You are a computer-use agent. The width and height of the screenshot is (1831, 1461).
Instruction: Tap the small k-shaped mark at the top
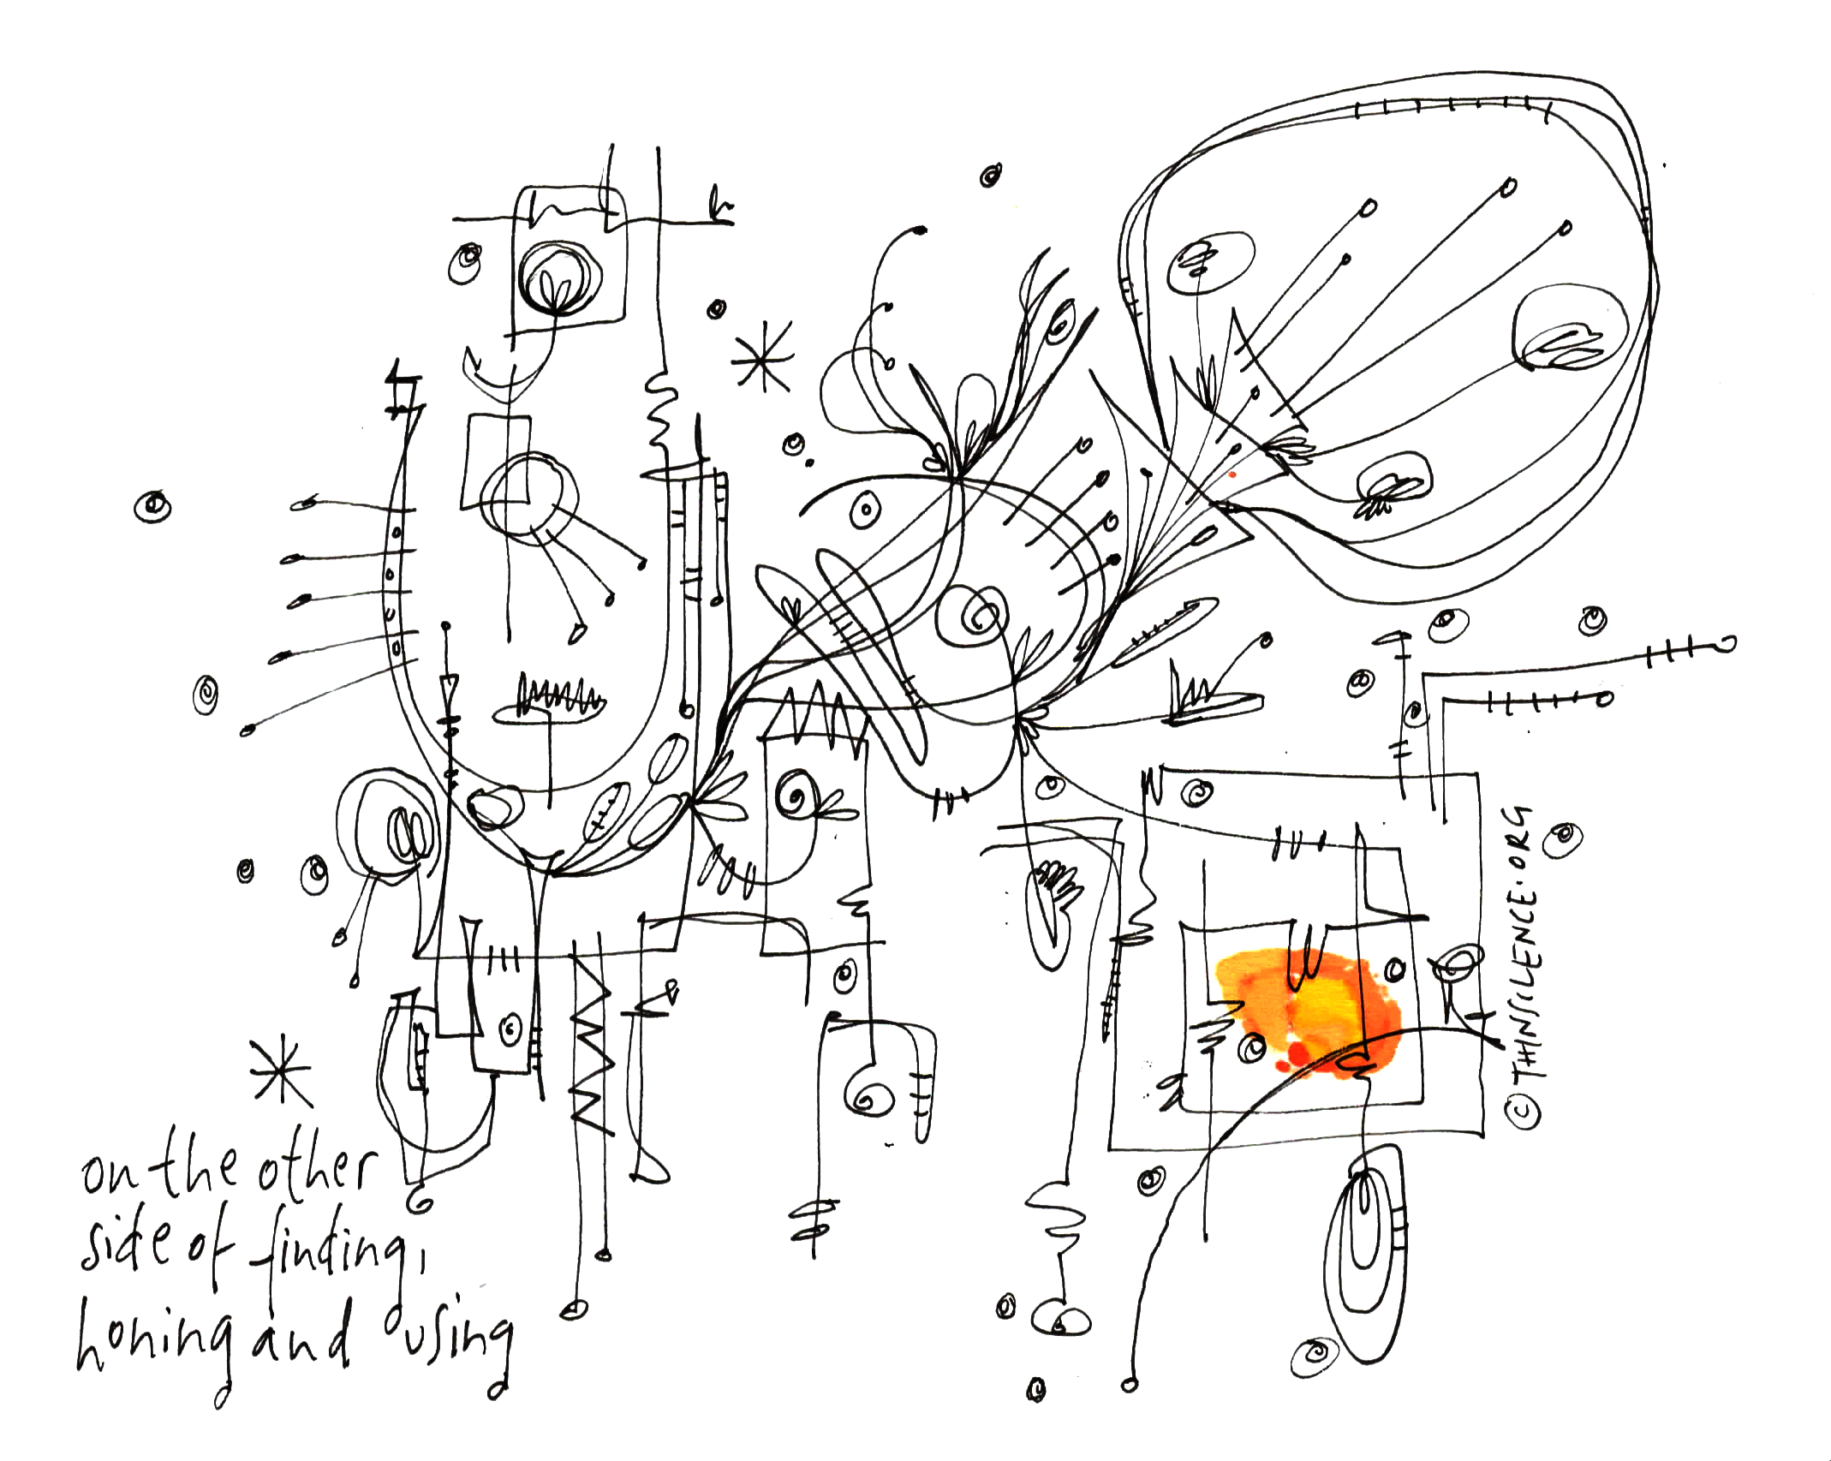point(718,206)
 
